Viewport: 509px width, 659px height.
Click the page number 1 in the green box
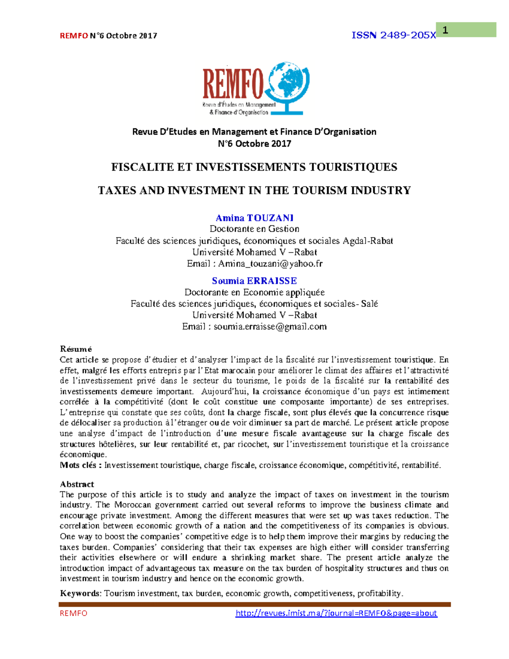pyautogui.click(x=445, y=30)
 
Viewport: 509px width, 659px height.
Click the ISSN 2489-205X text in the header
pyautogui.click(x=393, y=36)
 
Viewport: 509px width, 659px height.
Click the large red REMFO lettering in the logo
pyautogui.click(x=233, y=84)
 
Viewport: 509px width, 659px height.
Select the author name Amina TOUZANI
pyautogui.click(x=255, y=218)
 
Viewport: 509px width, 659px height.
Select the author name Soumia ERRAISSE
pyautogui.click(x=255, y=281)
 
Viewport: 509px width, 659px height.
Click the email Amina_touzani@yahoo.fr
pyautogui.click(x=270, y=264)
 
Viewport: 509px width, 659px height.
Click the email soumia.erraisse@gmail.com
pyautogui.click(x=270, y=326)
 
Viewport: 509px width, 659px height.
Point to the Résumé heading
pyautogui.click(x=76, y=349)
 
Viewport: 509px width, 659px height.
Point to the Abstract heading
pyautogui.click(x=77, y=484)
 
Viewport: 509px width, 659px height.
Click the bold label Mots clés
pyautogui.click(x=80, y=465)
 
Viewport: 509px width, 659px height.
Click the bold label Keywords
pyautogui.click(x=80, y=593)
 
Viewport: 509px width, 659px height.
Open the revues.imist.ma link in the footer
pyautogui.click(x=336, y=613)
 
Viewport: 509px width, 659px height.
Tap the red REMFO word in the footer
pyautogui.click(x=73, y=613)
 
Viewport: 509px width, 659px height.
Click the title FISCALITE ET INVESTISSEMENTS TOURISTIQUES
pyautogui.click(x=254, y=167)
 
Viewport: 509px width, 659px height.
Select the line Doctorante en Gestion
pyautogui.click(x=255, y=229)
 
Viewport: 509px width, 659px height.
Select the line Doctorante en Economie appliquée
pyautogui.click(x=255, y=292)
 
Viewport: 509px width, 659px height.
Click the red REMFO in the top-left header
pyautogui.click(x=74, y=36)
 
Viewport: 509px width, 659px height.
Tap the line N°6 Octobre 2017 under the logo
pyautogui.click(x=255, y=143)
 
